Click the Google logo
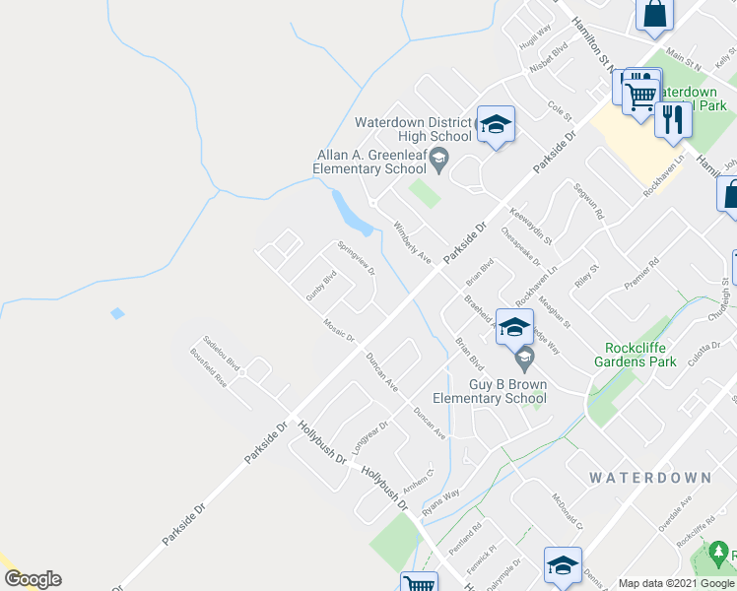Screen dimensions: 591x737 pos(33,579)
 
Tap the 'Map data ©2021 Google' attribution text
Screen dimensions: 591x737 pos(676,583)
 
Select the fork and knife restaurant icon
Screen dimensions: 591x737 pos(673,119)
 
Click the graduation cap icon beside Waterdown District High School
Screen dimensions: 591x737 pos(496,124)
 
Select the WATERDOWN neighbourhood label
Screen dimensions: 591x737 pos(650,478)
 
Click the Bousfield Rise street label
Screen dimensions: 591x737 pos(209,375)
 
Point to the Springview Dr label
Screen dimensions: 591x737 pos(356,258)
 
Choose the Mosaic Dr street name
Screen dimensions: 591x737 pos(338,329)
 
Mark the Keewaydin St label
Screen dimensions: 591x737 pos(531,225)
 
